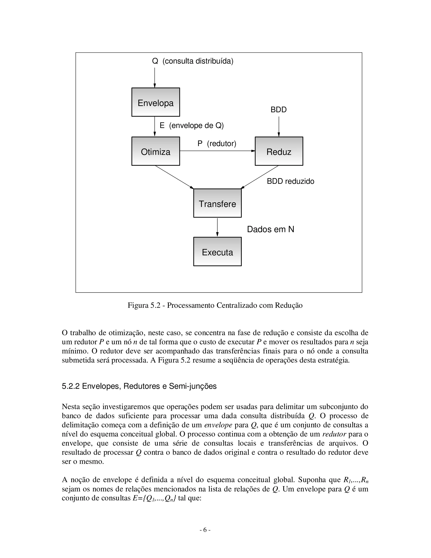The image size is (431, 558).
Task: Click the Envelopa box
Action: click(x=156, y=102)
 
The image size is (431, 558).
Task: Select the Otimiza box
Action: click(x=156, y=151)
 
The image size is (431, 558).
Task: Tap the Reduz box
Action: click(x=279, y=151)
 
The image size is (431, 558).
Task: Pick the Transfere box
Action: click(x=217, y=203)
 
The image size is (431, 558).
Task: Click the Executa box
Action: click(x=217, y=252)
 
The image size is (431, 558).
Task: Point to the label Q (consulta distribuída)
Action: click(x=193, y=61)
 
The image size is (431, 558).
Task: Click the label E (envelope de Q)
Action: click(x=192, y=126)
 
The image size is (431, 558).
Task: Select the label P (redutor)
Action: click(x=217, y=144)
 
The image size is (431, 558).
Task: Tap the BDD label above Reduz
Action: click(x=279, y=110)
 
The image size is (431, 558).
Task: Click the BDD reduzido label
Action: click(x=290, y=181)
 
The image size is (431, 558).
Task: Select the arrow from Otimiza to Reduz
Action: click(x=217, y=151)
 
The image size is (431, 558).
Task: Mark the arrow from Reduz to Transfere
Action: click(x=260, y=177)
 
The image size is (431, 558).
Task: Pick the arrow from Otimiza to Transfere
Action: click(x=174, y=177)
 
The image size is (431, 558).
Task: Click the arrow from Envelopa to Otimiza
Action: click(x=155, y=127)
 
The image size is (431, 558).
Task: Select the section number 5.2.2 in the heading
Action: click(x=71, y=386)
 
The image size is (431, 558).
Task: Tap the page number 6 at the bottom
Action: click(x=205, y=530)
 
